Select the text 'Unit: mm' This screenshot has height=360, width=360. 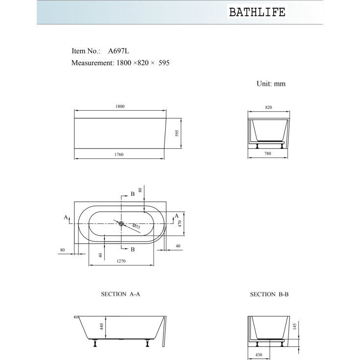271,84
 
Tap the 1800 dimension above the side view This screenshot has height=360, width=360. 120,107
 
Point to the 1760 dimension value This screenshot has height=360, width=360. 119,155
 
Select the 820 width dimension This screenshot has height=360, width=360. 268,107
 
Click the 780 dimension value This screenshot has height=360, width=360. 268,154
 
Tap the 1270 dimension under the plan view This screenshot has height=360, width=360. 121,261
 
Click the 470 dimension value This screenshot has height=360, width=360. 180,223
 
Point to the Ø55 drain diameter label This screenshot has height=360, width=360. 136,226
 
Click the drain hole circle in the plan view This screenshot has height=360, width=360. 121,223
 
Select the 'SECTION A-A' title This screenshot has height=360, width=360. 120,294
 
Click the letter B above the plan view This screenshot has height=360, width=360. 132,194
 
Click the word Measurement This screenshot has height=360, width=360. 92,63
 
